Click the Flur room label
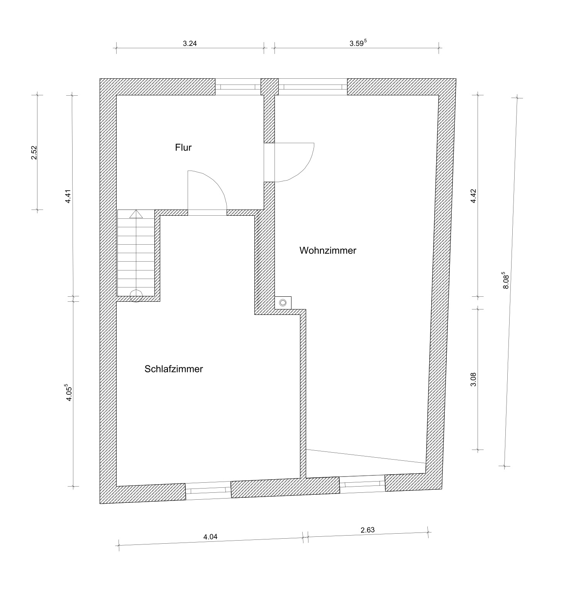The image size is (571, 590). (183, 147)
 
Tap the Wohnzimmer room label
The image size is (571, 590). (328, 250)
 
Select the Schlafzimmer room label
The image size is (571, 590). (174, 369)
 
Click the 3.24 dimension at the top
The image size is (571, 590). (190, 44)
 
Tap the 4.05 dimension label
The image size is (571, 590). (68, 392)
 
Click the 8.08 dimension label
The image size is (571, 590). (507, 282)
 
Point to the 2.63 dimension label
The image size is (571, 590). (368, 530)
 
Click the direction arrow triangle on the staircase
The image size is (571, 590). (136, 214)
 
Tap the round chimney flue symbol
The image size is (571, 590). (283, 303)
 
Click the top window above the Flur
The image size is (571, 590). (238, 87)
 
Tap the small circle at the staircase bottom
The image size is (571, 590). (136, 296)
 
